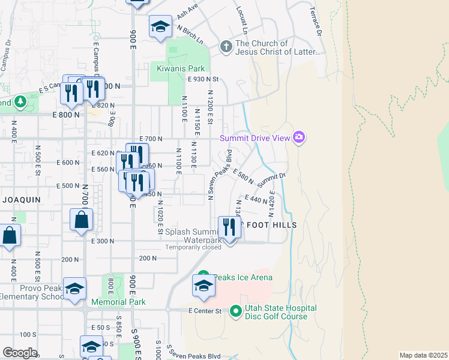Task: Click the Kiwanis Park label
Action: [181, 69]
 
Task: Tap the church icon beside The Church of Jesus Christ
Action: [226, 46]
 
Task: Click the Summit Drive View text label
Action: [255, 138]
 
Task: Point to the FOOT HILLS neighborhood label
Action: [269, 225]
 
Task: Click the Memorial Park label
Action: [119, 302]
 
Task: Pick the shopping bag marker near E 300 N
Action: [82, 221]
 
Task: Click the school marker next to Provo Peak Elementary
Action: [75, 289]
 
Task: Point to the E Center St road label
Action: [205, 311]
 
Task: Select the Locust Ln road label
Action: [242, 20]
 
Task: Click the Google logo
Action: [20, 352]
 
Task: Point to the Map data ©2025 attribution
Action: [423, 355]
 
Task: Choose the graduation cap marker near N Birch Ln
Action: [160, 27]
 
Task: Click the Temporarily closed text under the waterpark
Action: [193, 247]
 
